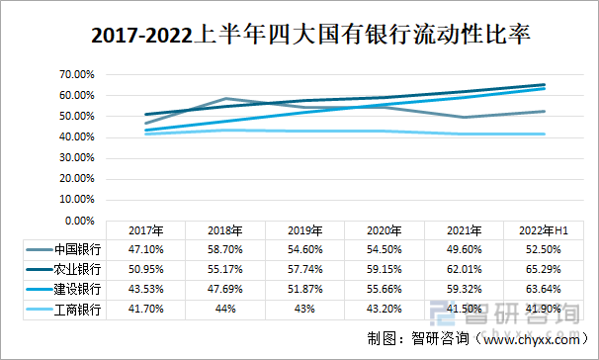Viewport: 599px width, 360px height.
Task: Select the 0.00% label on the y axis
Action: [76, 221]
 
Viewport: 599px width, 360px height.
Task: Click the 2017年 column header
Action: [144, 230]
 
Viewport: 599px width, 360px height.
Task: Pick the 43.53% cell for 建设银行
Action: [144, 290]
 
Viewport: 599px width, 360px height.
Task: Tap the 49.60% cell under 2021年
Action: [449, 249]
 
